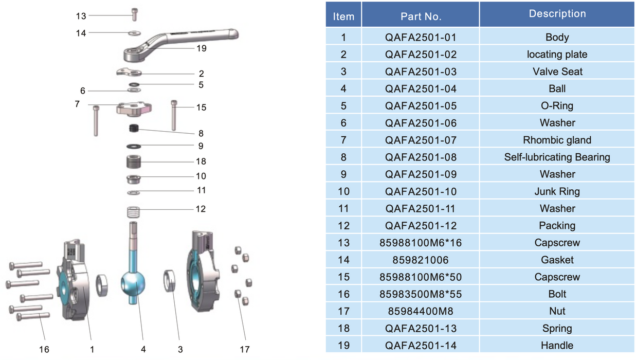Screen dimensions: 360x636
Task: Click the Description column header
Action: [557, 14]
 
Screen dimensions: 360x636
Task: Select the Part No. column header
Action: [421, 16]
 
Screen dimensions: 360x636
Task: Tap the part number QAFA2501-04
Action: [421, 88]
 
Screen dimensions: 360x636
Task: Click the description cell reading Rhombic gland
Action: [557, 140]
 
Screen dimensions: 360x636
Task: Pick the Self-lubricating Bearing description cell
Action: [557, 157]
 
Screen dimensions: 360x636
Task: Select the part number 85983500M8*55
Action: [421, 294]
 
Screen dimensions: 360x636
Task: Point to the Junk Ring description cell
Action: [557, 191]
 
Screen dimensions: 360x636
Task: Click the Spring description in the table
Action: [557, 328]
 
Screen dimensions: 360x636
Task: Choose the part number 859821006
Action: [421, 260]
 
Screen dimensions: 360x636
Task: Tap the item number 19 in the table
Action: [343, 346]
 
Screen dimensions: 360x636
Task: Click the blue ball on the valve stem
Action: [133, 282]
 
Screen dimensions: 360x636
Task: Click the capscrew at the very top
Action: [135, 14]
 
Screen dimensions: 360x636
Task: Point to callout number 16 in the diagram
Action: [44, 350]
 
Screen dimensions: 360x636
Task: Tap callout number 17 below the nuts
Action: [245, 350]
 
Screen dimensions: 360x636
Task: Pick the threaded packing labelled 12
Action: [133, 211]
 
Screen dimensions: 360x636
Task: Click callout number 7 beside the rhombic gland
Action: [77, 104]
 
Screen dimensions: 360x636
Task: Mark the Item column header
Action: [343, 16]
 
